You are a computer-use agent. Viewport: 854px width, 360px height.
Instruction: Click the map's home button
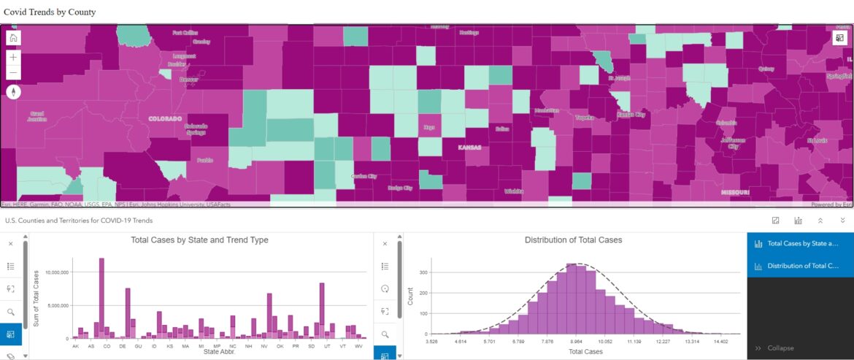point(14,39)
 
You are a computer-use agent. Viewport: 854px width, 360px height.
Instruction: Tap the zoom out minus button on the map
point(14,72)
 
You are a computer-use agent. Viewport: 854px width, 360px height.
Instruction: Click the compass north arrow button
point(14,92)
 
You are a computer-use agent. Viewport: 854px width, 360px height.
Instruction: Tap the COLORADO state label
point(164,118)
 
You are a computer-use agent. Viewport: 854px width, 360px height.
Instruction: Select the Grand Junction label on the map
point(37,116)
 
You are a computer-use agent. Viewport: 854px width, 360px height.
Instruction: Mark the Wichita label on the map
point(514,191)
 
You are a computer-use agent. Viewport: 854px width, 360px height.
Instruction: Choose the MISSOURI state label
point(735,192)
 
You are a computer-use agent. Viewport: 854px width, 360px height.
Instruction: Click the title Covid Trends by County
point(50,12)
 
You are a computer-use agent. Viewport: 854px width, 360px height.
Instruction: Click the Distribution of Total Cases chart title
point(573,240)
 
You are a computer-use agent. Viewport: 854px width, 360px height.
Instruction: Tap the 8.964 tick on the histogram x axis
point(576,341)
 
